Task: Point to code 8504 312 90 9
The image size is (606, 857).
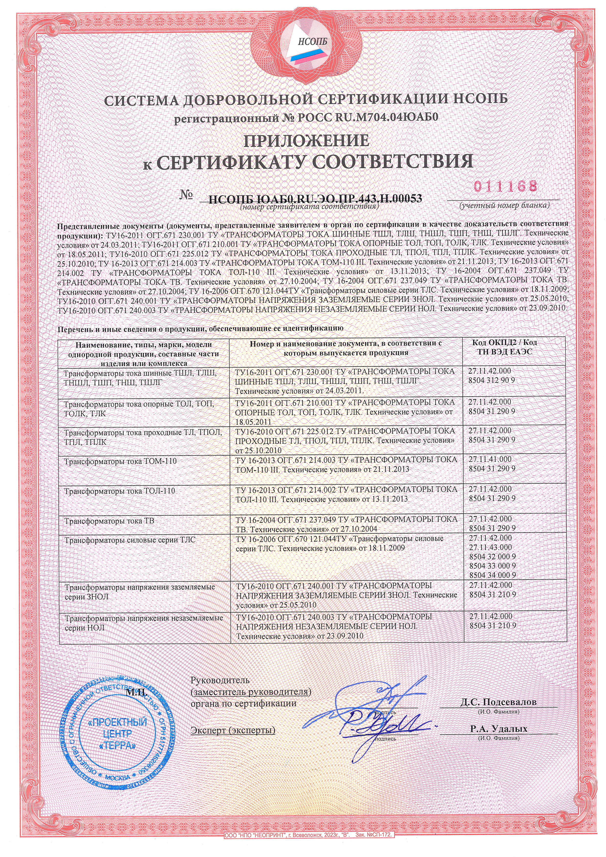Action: (x=492, y=380)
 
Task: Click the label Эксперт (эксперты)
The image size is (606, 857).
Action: (x=232, y=730)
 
